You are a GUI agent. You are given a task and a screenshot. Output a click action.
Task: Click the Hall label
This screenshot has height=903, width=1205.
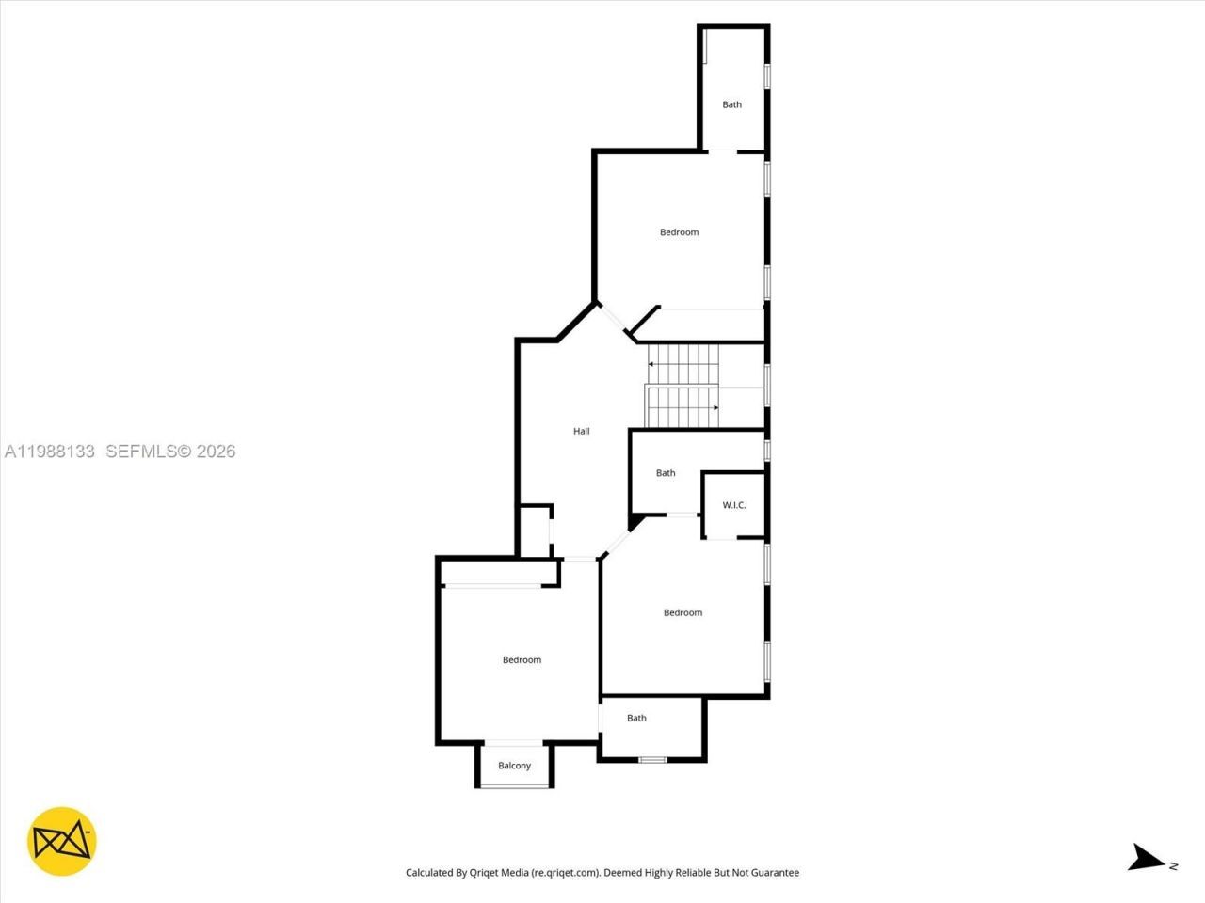[581, 431]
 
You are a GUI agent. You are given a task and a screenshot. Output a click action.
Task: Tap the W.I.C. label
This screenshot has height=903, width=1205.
[733, 505]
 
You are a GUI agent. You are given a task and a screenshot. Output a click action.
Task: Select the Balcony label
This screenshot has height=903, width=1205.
[514, 766]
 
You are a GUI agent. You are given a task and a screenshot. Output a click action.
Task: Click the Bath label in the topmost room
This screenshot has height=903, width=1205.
[731, 104]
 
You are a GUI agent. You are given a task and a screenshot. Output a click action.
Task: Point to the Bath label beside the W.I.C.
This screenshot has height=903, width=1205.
[666, 473]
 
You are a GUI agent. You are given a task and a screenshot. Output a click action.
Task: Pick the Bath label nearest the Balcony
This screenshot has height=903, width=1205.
[636, 718]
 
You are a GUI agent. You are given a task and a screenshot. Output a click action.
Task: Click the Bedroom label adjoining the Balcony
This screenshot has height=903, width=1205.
[522, 660]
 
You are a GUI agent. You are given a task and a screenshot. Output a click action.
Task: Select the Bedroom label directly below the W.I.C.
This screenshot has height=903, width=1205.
[683, 612]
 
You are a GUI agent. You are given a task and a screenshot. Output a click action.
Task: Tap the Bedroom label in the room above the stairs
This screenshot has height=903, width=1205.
[679, 232]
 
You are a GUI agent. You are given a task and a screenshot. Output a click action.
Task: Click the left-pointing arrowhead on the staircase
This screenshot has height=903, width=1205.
[651, 363]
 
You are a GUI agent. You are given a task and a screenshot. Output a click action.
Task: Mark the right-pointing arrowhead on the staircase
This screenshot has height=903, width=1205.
[715, 407]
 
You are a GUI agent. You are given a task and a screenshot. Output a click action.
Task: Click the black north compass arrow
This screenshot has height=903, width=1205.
[1146, 857]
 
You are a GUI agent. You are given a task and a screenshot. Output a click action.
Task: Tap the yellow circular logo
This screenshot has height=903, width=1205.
[62, 841]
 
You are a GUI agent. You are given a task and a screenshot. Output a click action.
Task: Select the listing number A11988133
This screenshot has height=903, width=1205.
[49, 451]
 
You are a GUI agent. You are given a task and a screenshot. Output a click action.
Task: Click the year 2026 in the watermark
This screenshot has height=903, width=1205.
[216, 451]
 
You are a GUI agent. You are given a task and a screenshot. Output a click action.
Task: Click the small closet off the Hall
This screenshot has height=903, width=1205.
[535, 532]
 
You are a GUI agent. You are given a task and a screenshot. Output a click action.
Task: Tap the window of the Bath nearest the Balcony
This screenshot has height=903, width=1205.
[652, 759]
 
